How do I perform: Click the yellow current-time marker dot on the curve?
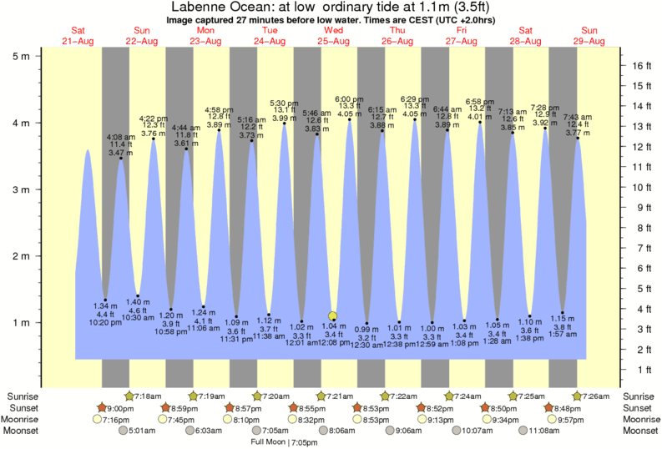click(333, 315)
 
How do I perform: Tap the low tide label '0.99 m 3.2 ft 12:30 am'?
click(366, 335)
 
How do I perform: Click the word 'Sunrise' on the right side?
click(640, 395)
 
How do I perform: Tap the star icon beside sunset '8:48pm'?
click(549, 406)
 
